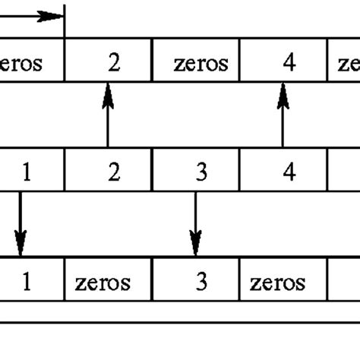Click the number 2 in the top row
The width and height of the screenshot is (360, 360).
click(113, 62)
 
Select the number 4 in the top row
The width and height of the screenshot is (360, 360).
click(289, 62)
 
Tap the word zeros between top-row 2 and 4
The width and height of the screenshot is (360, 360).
click(201, 62)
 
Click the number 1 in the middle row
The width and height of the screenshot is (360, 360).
click(27, 172)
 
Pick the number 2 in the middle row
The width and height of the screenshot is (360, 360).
click(114, 172)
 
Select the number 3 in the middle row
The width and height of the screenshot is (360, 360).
click(201, 172)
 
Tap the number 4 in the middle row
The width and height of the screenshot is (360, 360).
click(289, 172)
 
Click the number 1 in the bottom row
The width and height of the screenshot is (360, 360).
click(27, 282)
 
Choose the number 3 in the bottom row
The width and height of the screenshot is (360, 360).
click(201, 282)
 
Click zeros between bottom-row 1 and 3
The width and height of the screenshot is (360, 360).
click(103, 283)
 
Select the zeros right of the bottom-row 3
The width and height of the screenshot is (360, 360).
click(277, 283)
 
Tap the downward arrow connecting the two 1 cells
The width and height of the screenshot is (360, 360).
click(21, 224)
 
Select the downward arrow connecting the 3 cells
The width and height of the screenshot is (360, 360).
click(196, 224)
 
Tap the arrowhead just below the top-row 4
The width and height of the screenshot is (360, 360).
click(283, 92)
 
